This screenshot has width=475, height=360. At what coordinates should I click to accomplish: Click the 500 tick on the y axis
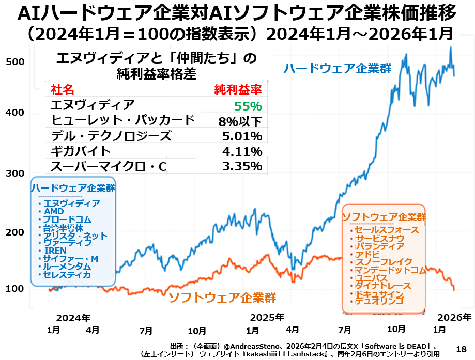[x=16, y=61]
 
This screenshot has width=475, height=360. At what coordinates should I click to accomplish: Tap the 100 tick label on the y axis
[x=16, y=288]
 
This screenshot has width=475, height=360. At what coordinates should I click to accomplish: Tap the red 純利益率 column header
[x=238, y=90]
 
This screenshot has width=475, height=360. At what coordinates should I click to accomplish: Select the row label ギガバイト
[x=81, y=151]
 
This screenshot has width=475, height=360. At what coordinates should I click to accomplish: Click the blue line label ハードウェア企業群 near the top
[x=336, y=68]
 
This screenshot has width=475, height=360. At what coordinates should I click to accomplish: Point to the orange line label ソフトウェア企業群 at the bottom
[x=222, y=298]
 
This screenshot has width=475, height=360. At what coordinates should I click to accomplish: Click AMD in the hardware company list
[x=54, y=212]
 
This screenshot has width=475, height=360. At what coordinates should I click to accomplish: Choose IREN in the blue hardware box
[x=55, y=251]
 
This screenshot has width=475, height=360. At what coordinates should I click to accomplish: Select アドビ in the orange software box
[x=367, y=254]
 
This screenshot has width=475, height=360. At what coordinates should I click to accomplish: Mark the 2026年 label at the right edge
[x=454, y=317]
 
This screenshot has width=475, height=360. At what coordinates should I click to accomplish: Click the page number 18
[x=461, y=349]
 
